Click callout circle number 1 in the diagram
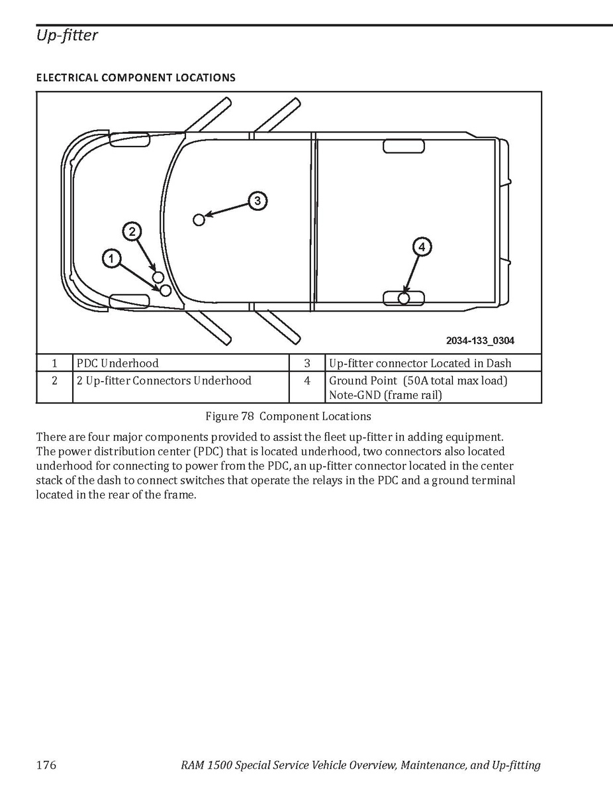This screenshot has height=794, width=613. (x=111, y=258)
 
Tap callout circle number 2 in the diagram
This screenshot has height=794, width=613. (x=132, y=232)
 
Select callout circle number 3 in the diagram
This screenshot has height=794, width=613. (x=258, y=201)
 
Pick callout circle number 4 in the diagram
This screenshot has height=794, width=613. (x=422, y=247)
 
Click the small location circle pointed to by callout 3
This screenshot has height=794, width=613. (x=199, y=220)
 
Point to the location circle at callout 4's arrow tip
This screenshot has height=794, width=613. (x=404, y=298)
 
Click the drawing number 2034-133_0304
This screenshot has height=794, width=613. (x=480, y=341)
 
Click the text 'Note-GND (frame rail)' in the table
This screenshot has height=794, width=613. (x=385, y=395)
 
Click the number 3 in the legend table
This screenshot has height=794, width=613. (x=307, y=363)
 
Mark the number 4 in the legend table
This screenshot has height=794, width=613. (x=307, y=380)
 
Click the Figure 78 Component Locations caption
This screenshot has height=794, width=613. (x=288, y=416)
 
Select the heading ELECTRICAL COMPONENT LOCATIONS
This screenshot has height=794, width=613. (x=136, y=78)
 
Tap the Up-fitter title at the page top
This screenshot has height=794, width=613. (x=67, y=35)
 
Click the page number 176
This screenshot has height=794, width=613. (x=46, y=764)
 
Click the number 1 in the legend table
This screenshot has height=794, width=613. (x=54, y=363)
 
